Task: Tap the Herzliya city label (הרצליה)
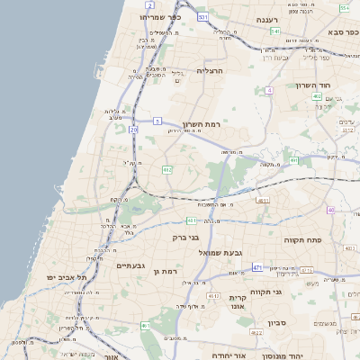(x=215, y=69)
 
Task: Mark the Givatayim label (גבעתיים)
(x=131, y=265)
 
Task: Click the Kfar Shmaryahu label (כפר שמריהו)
(x=162, y=17)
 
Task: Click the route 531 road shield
(x=203, y=17)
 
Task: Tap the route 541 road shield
(x=274, y=31)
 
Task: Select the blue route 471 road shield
(x=257, y=267)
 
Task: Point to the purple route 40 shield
(x=331, y=210)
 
